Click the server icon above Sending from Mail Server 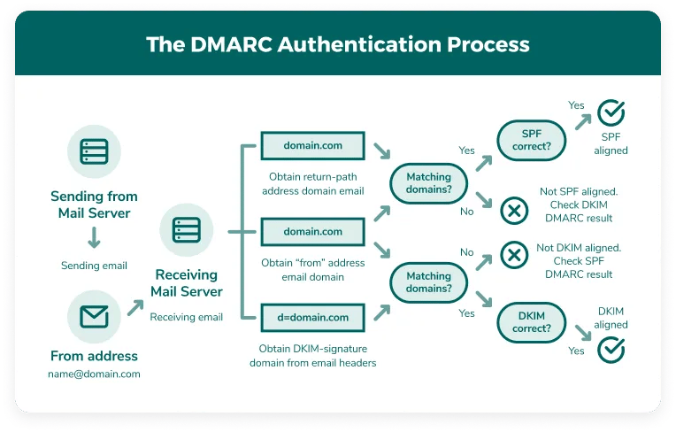(94, 150)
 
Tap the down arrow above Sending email (94, 237)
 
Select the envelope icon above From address (94, 316)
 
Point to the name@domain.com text (94, 374)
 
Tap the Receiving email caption (186, 317)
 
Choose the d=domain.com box (312, 317)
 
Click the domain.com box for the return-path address (312, 144)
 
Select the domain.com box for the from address (312, 231)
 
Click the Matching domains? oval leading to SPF (428, 184)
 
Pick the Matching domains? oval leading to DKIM (428, 282)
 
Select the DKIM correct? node (531, 322)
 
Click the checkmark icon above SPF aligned (611, 113)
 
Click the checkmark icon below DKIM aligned (611, 350)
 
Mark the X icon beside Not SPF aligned (514, 211)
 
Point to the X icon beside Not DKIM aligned (514, 256)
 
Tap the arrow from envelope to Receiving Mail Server (135, 307)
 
